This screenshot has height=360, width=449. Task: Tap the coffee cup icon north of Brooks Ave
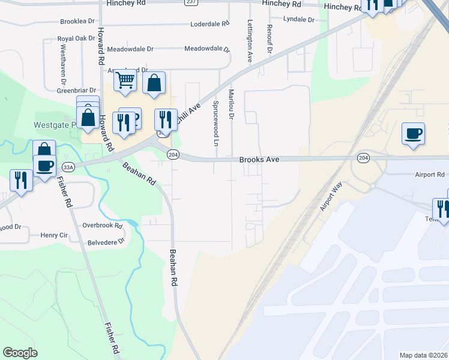click(412, 133)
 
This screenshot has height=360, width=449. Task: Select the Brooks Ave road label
click(260, 160)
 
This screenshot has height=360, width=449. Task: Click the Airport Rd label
click(429, 175)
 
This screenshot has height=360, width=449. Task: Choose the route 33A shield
click(68, 167)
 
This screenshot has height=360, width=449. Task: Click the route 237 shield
click(191, 2)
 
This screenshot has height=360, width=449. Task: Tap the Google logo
click(20, 353)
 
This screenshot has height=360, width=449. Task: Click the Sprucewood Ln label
click(215, 123)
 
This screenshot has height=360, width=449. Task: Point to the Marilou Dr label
click(231, 103)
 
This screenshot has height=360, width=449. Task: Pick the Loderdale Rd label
click(210, 24)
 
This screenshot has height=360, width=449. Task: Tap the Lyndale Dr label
click(299, 19)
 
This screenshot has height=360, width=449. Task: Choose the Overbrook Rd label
click(103, 226)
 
